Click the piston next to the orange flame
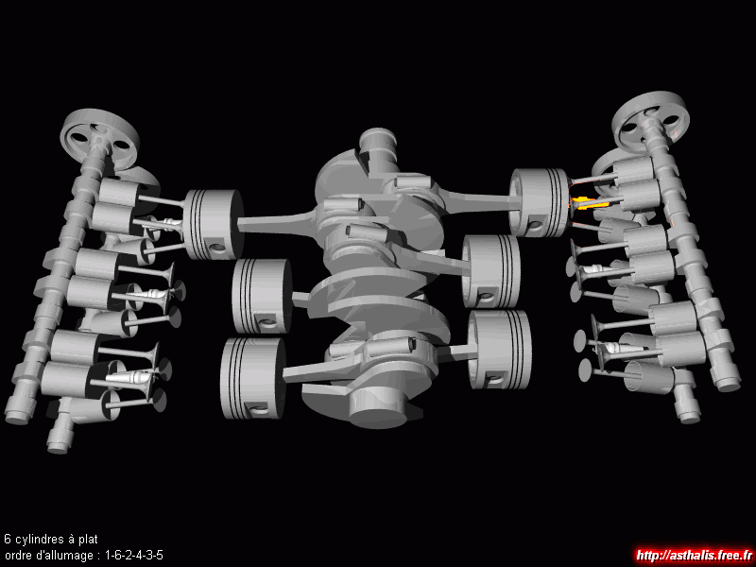click(540, 202)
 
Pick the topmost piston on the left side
click(214, 224)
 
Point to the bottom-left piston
click(252, 379)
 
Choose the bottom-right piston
click(500, 350)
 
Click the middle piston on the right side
click(490, 271)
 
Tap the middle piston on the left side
click(262, 296)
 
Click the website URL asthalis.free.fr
click(695, 556)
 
